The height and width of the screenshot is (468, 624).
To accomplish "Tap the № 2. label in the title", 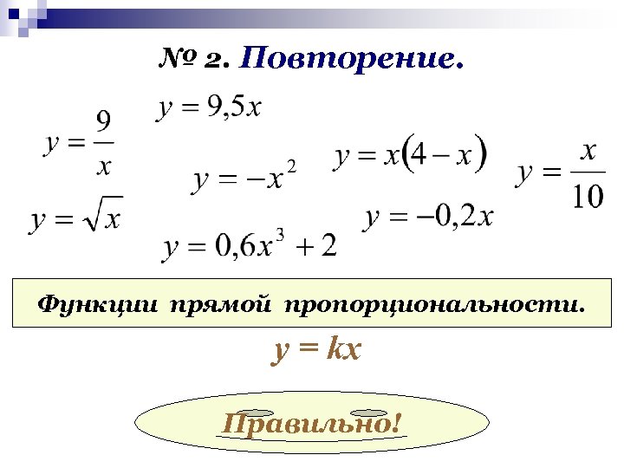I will (x=193, y=59).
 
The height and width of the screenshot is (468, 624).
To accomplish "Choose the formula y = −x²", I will (x=244, y=179).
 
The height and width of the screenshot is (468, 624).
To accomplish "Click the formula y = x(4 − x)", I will (x=411, y=157).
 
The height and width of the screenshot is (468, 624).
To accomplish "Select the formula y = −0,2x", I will (x=429, y=216).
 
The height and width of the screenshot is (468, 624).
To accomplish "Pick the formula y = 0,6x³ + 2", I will (x=250, y=247).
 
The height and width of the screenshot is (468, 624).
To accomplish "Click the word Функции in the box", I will (x=99, y=304).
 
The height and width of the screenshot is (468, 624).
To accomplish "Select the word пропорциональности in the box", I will (x=434, y=304).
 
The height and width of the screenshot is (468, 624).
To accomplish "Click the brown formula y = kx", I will (x=317, y=351).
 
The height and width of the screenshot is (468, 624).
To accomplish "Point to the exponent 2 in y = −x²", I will (x=291, y=166).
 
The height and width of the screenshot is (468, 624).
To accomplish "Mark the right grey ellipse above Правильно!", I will (x=369, y=413).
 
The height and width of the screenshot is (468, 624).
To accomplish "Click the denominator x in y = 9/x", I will (x=103, y=164).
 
